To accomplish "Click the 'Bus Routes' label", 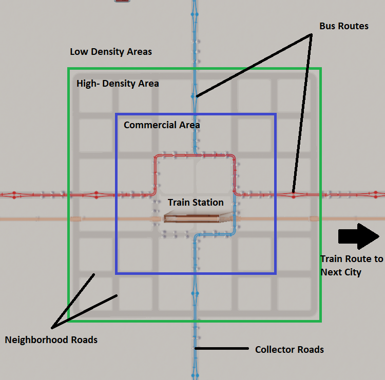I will click(x=343, y=26).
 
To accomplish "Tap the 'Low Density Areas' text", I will click(x=111, y=52).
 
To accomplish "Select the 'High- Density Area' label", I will click(x=118, y=83).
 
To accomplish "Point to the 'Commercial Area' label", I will click(x=162, y=125).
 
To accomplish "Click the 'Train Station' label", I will click(x=196, y=203).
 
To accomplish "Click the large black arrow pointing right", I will click(x=358, y=236).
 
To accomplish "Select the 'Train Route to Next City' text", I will click(x=351, y=265).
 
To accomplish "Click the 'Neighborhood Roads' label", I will click(x=51, y=339).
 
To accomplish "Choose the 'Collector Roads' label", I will click(x=290, y=349).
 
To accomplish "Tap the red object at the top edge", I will click(x=122, y=1).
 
